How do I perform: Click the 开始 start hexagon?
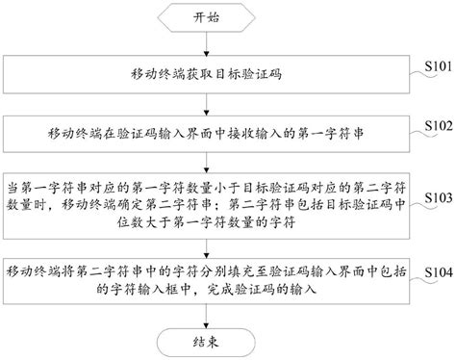pyautogui.click(x=206, y=17)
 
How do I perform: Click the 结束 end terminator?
pyautogui.click(x=206, y=343)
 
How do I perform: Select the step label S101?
pyautogui.click(x=439, y=66)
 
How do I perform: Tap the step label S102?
pyautogui.click(x=439, y=125)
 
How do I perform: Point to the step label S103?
pyautogui.click(x=439, y=197)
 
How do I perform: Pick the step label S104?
pyautogui.click(x=439, y=272)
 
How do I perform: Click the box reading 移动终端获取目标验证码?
pyautogui.click(x=207, y=74)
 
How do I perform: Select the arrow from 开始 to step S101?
pyautogui.click(x=206, y=43)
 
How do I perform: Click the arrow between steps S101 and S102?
pyautogui.click(x=206, y=105)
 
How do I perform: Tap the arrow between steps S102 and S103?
pyautogui.click(x=206, y=163)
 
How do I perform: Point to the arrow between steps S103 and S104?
pyautogui.click(x=206, y=248)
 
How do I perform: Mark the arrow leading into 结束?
pyautogui.click(x=206, y=316)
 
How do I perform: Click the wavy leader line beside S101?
pyautogui.click(x=423, y=74)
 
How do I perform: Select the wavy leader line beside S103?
pyautogui.click(x=423, y=206)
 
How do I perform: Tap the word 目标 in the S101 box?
pyautogui.click(x=228, y=74)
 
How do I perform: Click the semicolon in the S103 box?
pyautogui.click(x=221, y=205)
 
